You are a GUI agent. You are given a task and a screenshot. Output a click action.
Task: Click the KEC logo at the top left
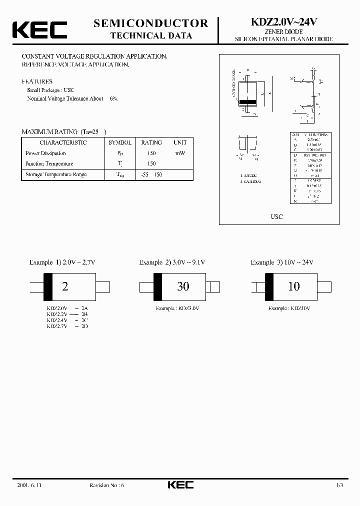click(39, 29)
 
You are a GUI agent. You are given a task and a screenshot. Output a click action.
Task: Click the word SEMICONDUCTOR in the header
click(150, 23)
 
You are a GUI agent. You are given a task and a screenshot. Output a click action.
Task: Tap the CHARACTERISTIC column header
click(63, 142)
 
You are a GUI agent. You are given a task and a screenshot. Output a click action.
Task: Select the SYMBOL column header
click(120, 142)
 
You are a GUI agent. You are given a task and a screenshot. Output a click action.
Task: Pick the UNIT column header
click(179, 142)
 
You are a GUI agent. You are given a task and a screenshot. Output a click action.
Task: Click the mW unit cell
click(179, 153)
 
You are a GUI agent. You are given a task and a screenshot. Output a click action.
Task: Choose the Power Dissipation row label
click(45, 153)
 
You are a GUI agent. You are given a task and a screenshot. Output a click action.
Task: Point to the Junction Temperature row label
click(49, 163)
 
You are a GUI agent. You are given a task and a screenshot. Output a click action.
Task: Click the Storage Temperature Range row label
click(56, 174)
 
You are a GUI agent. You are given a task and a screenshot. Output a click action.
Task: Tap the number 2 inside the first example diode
click(64, 286)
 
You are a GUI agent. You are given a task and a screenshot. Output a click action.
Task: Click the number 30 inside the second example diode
click(183, 286)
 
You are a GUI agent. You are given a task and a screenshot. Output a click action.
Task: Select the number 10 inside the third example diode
click(294, 286)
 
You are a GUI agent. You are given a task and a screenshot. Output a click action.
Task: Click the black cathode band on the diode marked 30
click(157, 286)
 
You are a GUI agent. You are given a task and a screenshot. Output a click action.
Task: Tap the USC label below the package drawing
click(276, 216)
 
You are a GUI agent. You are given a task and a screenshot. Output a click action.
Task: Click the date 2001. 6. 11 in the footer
click(28, 485)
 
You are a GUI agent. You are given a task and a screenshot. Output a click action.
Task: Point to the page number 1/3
click(339, 485)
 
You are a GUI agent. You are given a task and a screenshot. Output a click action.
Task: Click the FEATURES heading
click(37, 81)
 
